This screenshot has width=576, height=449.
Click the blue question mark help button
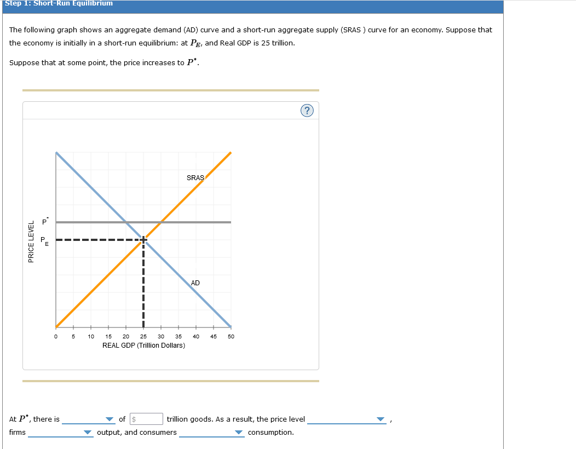tap(307, 111)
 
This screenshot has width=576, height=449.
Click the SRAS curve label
tap(195, 177)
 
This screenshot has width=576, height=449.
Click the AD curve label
tap(195, 283)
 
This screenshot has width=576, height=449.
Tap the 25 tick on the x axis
tap(143, 336)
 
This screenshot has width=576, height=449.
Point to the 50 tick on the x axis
tap(231, 336)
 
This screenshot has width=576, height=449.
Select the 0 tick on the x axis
tap(56, 336)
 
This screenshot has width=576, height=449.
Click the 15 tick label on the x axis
tap(108, 336)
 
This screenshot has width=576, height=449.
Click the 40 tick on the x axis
tap(196, 336)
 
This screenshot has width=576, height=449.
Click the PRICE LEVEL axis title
tap(31, 241)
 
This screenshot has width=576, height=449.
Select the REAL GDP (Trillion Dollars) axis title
tap(143, 346)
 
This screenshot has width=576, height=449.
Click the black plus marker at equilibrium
tap(143, 239)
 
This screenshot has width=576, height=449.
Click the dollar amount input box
tap(146, 419)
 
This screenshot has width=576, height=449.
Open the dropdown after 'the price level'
tap(347, 419)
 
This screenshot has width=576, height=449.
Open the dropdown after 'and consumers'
tap(211, 433)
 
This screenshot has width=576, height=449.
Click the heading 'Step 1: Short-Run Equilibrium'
tap(59, 3)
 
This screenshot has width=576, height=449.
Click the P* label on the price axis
tap(46, 222)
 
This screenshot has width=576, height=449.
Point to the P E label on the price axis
tap(44, 240)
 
